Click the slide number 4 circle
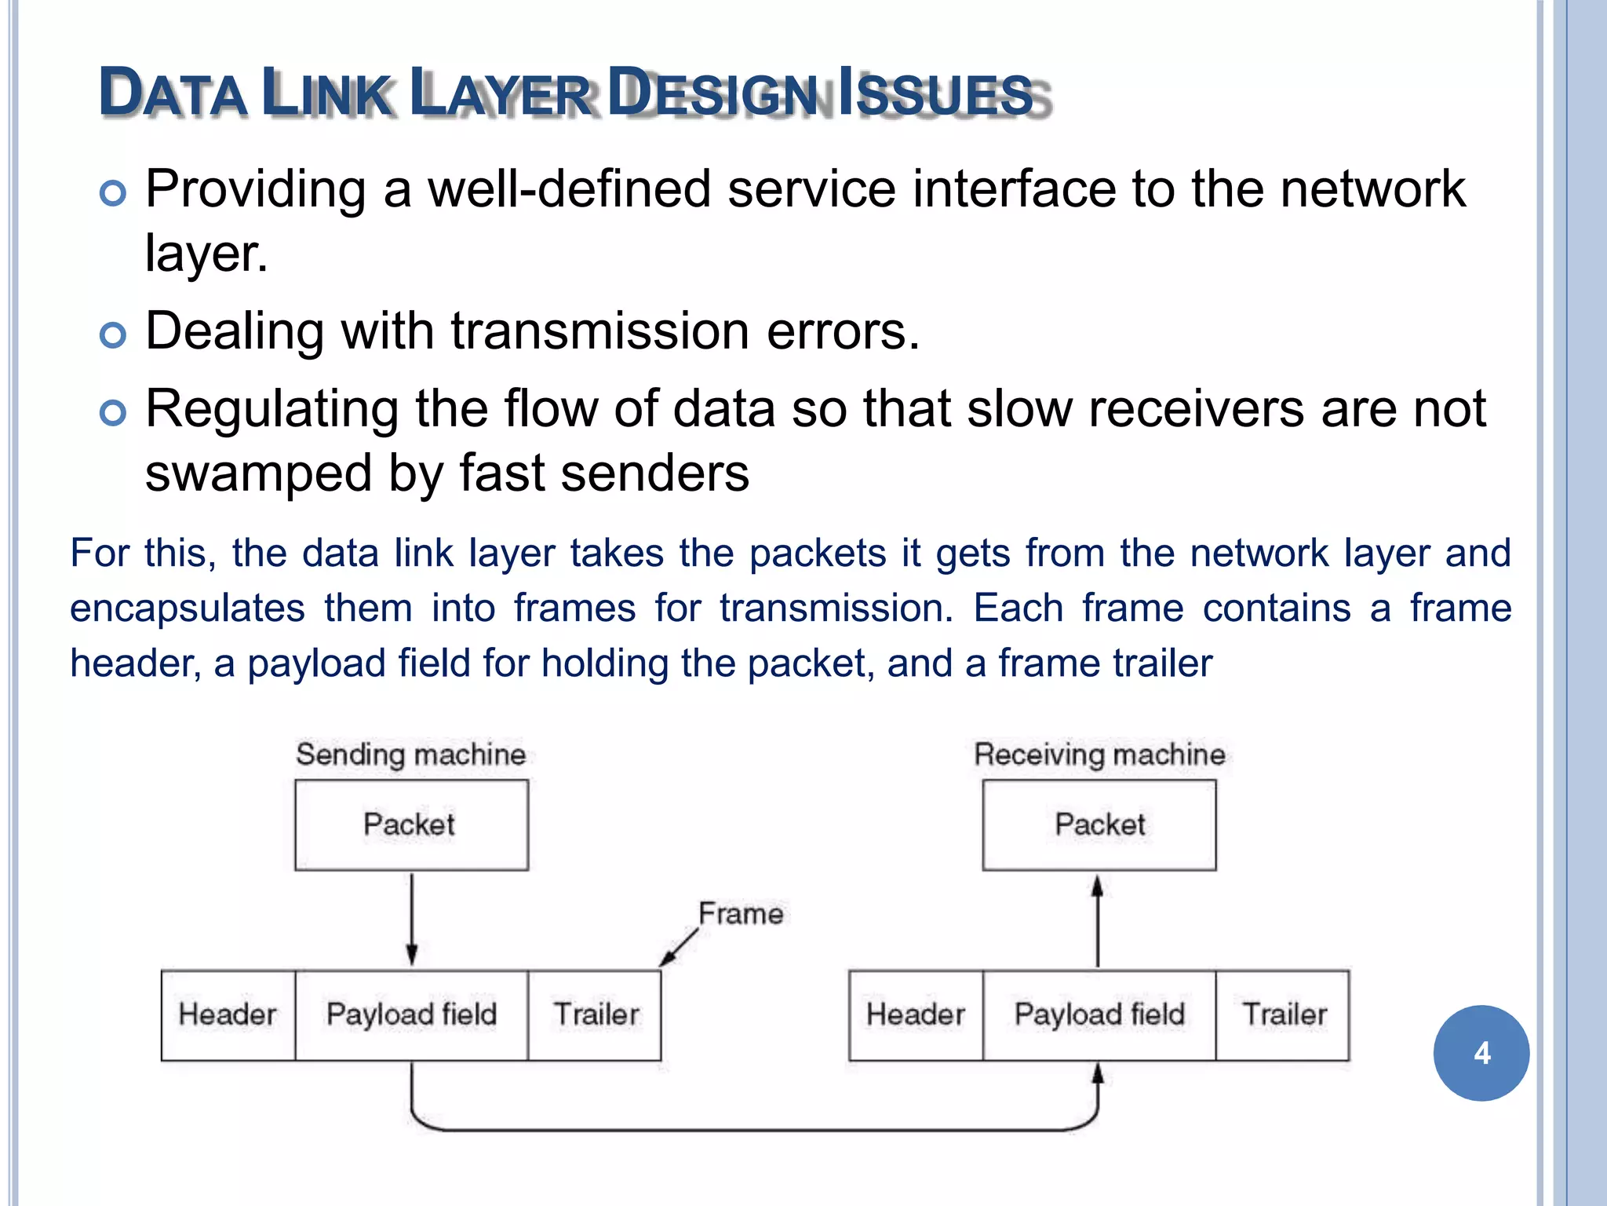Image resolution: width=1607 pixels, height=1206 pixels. point(1481,1053)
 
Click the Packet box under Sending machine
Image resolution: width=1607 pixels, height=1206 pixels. point(411,824)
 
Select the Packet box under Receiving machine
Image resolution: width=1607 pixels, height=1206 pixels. point(1099,824)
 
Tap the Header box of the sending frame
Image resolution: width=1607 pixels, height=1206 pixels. point(228,1014)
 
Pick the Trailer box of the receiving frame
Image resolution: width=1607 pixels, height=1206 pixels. point(1284,1014)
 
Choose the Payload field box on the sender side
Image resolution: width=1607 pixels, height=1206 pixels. point(411,1014)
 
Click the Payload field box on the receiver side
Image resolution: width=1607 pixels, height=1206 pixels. point(1099,1014)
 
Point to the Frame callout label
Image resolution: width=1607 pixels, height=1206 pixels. point(740,914)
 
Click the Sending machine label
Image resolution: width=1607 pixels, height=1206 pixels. point(410,755)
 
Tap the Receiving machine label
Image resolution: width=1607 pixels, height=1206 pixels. point(1099,755)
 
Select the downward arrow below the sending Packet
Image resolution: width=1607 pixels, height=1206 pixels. point(412,919)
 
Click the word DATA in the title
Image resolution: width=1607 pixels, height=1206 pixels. point(173,94)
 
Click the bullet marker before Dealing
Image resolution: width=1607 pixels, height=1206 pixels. point(113,334)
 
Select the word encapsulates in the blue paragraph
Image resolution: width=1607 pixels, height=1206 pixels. point(187,608)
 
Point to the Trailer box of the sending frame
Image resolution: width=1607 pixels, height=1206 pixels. point(595,1014)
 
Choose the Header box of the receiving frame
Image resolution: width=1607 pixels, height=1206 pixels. point(915,1014)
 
